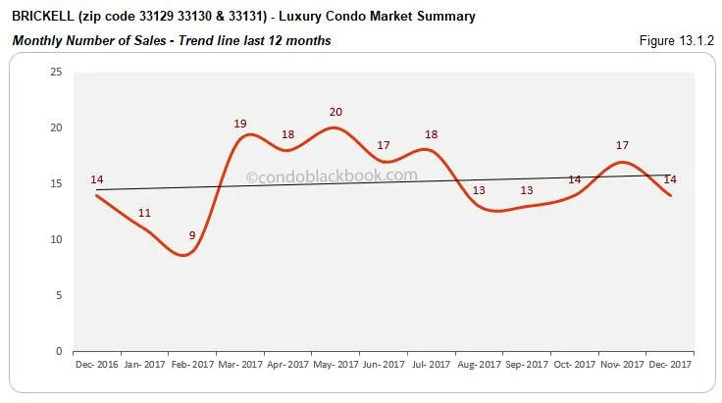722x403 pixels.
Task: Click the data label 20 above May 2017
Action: click(336, 111)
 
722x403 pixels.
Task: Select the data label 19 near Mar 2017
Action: click(241, 123)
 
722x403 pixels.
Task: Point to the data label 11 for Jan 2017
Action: click(144, 212)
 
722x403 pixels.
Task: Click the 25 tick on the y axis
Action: click(55, 73)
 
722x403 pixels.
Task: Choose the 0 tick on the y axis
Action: click(58, 351)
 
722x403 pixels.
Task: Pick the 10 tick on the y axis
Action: click(55, 239)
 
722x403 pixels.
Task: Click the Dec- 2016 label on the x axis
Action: click(97, 365)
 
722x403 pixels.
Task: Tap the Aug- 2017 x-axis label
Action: click(480, 365)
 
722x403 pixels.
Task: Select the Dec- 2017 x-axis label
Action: click(671, 365)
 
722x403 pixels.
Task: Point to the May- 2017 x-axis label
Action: click(335, 365)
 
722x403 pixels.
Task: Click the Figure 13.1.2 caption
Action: click(678, 40)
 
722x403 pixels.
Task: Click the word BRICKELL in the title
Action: click(41, 17)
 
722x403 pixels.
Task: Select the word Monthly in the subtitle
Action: click(34, 40)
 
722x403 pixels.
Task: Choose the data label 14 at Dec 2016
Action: click(97, 179)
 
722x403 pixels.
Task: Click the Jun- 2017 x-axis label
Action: click(384, 365)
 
